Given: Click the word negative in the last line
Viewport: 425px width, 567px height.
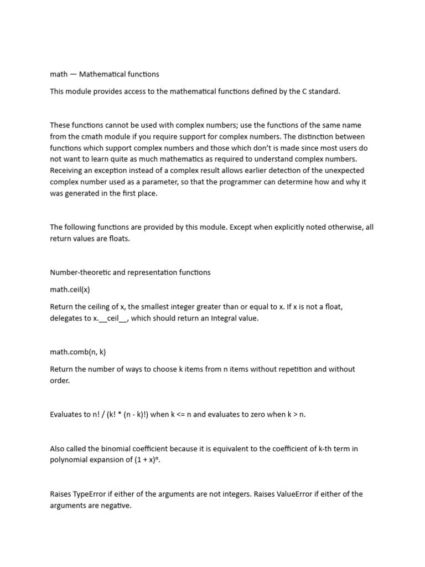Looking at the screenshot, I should pos(115,506).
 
